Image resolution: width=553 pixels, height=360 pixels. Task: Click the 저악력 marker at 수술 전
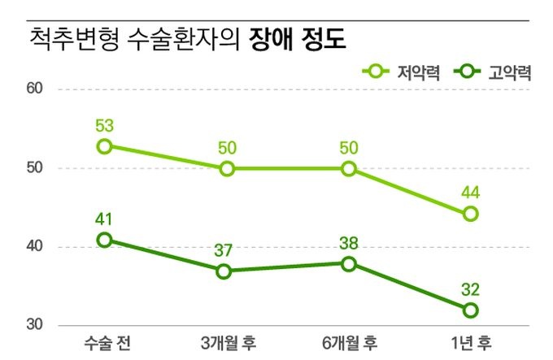105,146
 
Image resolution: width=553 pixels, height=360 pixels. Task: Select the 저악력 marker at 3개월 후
227,168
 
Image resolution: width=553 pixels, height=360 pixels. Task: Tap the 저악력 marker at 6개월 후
349,168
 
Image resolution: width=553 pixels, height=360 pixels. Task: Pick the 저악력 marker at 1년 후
470,215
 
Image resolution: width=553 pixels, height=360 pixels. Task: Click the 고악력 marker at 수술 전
105,240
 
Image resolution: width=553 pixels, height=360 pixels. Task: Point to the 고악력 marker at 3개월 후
227,271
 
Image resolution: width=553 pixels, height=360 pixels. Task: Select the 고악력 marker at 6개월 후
349,263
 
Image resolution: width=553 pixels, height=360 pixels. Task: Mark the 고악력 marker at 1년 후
470,310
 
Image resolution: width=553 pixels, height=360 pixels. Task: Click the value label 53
104,126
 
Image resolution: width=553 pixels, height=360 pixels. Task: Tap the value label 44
471,194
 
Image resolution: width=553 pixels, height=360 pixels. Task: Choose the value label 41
104,219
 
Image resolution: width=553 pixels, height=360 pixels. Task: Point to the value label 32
471,289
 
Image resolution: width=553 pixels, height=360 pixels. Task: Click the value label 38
349,243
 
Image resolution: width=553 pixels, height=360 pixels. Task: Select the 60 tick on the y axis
36,89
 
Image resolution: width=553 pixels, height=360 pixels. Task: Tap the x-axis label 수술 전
105,340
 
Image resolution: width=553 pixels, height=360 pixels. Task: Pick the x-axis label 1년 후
471,340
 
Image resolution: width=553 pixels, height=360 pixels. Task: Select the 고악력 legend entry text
510,73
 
